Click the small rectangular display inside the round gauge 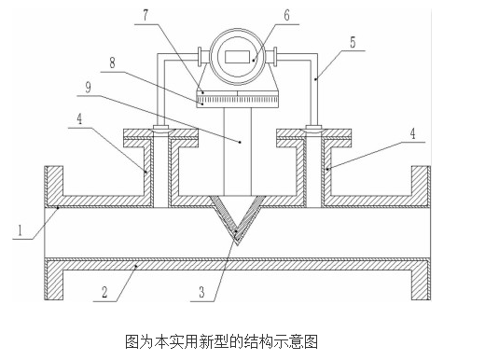[238, 57]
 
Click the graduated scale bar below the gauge [238, 97]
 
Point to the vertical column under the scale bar [238, 149]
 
